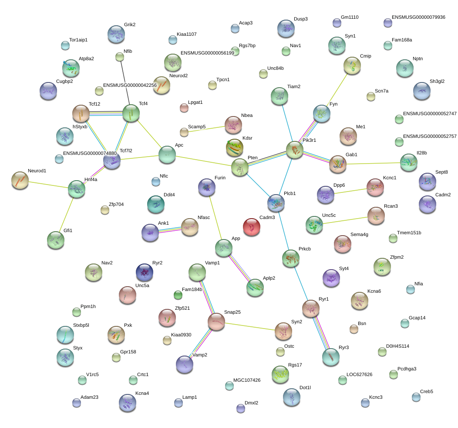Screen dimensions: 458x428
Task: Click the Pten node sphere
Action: (240, 167)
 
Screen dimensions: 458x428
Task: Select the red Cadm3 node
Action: (252, 227)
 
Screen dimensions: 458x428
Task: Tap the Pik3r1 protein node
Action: (295, 150)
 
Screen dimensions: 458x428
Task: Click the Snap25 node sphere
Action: (216, 322)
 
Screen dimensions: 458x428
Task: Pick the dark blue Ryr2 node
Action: (145, 273)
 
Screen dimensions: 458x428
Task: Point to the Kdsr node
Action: (235, 147)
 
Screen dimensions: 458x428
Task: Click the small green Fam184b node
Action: (178, 295)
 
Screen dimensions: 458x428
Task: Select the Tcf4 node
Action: (131, 113)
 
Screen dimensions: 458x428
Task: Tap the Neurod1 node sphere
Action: (20, 180)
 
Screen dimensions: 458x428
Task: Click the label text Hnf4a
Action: (91, 179)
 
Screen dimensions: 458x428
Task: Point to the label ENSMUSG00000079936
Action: (418, 17)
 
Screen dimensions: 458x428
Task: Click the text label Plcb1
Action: (290, 194)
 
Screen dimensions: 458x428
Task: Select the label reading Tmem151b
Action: (409, 233)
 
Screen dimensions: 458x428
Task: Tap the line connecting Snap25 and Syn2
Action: (250, 327)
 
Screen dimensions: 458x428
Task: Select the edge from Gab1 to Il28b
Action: (373, 163)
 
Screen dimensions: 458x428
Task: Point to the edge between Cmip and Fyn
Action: (337, 90)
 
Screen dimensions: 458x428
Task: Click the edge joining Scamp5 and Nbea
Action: (206, 129)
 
